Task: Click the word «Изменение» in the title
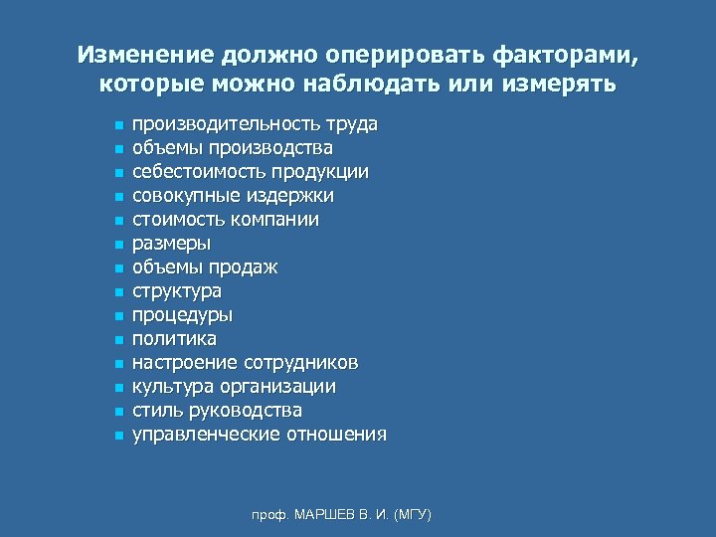135,54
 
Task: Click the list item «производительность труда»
255,124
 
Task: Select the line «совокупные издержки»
234,196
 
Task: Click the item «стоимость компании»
226,220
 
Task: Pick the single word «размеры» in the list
172,244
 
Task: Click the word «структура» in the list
177,291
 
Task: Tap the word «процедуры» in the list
183,315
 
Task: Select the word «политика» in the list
174,339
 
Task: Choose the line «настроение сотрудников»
246,363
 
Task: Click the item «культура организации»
234,387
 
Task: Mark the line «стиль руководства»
218,411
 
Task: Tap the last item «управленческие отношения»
260,435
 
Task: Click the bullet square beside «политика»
117,340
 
